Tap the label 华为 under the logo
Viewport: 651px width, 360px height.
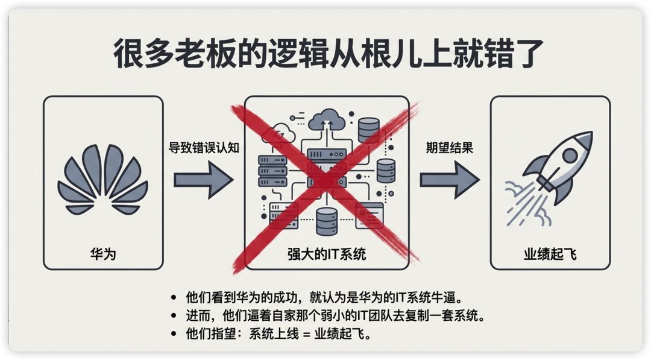coord(102,254)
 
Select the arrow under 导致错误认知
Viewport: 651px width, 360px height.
coord(203,180)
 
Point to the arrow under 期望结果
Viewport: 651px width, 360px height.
coord(449,180)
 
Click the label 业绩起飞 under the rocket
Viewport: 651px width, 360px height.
coord(550,254)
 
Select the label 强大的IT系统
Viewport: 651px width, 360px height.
coord(327,255)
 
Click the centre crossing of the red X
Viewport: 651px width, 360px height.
coord(326,181)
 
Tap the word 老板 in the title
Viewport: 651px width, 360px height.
coord(191,56)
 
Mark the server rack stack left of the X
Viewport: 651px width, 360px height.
coord(271,170)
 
